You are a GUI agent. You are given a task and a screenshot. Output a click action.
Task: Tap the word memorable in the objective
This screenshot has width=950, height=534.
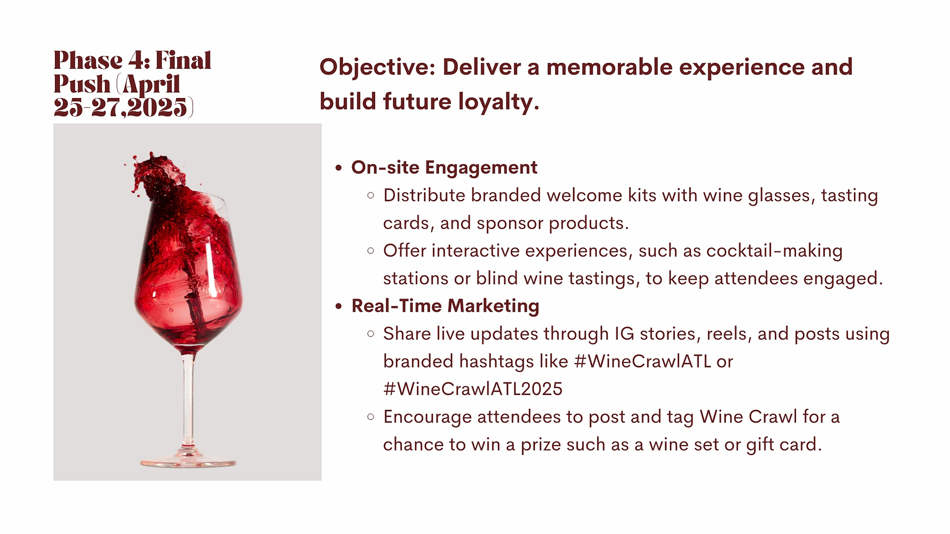click(x=609, y=67)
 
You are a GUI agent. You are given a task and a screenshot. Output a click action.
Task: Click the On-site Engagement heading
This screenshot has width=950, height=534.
click(x=444, y=168)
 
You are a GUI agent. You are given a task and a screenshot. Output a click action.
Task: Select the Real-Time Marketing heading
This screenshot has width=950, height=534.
click(x=445, y=306)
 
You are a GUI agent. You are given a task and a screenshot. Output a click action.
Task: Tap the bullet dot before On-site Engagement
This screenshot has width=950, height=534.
click(x=339, y=168)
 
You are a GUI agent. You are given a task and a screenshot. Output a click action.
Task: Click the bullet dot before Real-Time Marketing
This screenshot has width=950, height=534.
click(x=339, y=307)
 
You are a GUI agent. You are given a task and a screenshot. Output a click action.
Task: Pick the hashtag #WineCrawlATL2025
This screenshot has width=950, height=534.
click(x=473, y=389)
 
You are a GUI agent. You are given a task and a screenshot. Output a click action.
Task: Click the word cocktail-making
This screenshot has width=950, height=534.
click(x=774, y=251)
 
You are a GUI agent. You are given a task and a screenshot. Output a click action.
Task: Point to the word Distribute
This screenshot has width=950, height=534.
click(x=424, y=195)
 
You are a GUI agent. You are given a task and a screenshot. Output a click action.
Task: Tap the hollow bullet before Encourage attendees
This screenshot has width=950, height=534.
click(x=371, y=417)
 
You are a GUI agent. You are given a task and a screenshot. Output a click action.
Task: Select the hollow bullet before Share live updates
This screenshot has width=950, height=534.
click(x=371, y=334)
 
